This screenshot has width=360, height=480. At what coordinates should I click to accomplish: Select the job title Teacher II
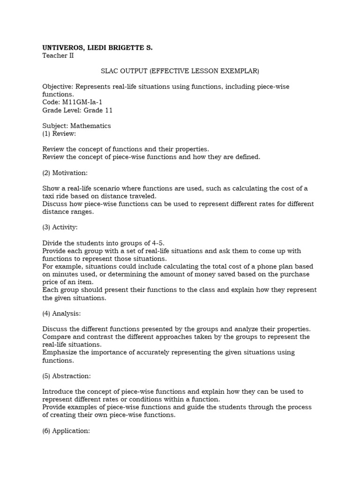[58, 56]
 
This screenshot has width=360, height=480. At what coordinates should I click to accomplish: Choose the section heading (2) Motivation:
[65, 173]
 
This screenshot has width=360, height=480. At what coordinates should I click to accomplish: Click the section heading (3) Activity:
[60, 227]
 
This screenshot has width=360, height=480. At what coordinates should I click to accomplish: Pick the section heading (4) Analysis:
[62, 314]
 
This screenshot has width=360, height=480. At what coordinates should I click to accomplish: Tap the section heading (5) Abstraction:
[67, 376]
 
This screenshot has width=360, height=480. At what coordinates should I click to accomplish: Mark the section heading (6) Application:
[66, 431]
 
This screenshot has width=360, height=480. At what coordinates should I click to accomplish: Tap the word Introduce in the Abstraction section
[58, 391]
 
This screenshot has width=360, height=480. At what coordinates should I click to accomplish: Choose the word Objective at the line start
[58, 87]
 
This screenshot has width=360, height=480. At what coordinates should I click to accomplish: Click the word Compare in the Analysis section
[56, 337]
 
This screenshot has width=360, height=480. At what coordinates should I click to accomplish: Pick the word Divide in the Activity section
[52, 243]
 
